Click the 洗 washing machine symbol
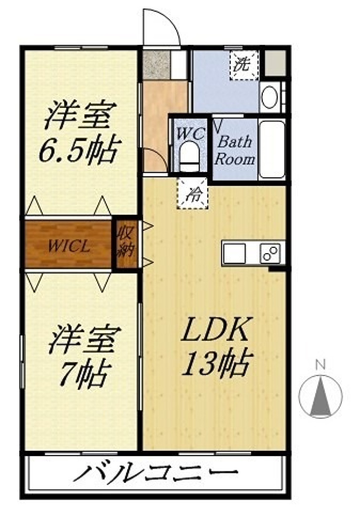click(244, 65)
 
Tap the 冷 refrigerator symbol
click(192, 193)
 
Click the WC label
click(190, 134)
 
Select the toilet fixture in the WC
click(189, 157)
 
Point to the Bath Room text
click(235, 150)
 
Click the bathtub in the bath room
click(272, 150)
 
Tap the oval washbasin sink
click(269, 97)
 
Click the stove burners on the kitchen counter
click(270, 253)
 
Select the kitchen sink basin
click(234, 253)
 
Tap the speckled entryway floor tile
click(156, 65)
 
